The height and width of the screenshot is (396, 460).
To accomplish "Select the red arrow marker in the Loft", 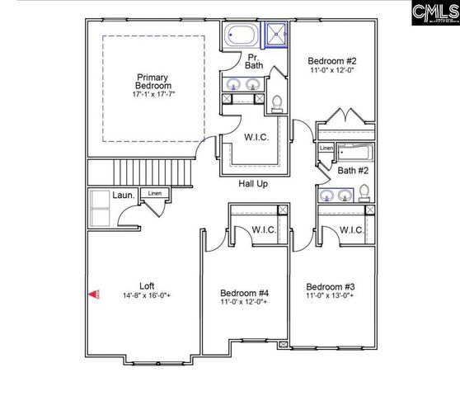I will pyautogui.click(x=94, y=294).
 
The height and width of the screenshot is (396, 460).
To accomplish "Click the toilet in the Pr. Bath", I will pyautogui.click(x=277, y=102).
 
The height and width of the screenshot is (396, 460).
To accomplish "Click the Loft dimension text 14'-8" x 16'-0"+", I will pyautogui.click(x=147, y=295).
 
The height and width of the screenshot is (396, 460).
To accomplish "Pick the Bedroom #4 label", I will pyautogui.click(x=245, y=292).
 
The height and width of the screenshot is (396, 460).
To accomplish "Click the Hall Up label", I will pyautogui.click(x=253, y=184).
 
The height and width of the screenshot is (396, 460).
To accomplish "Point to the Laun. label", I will pyautogui.click(x=124, y=196).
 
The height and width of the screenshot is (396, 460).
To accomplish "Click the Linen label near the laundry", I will pyautogui.click(x=154, y=194).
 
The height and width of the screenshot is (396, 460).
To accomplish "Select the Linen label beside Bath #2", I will pyautogui.click(x=326, y=148).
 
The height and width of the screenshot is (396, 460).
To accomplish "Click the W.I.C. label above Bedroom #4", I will pyautogui.click(x=263, y=229).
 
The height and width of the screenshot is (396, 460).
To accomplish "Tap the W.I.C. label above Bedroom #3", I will pyautogui.click(x=352, y=229).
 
